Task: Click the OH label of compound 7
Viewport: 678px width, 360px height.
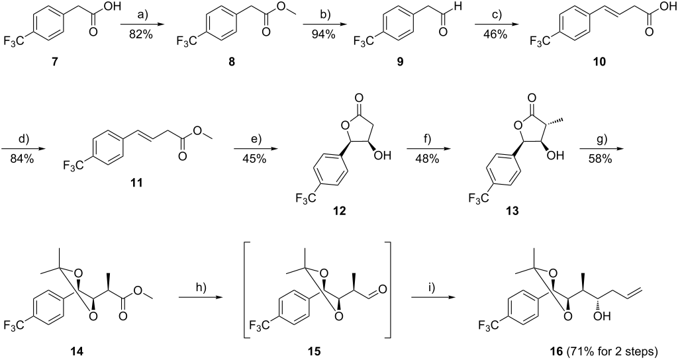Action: click(x=105, y=7)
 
